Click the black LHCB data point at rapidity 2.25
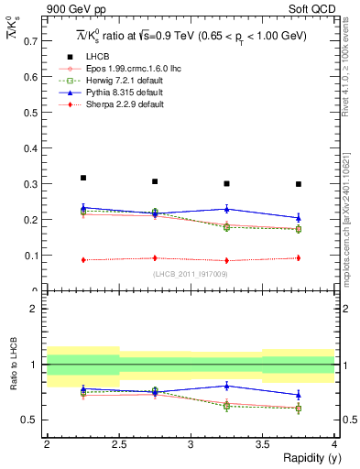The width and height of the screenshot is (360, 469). (x=83, y=178)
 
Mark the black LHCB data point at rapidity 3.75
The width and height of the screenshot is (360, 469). (x=299, y=184)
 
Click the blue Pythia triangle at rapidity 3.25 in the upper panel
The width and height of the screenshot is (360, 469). (x=227, y=209)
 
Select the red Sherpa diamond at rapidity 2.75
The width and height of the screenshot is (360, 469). (x=155, y=258)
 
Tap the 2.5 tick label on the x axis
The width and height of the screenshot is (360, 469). (x=118, y=444)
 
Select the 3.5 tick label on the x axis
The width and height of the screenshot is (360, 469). (x=262, y=444)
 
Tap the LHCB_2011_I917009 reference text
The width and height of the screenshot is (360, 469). (x=191, y=274)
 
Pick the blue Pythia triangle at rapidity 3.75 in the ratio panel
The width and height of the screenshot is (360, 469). (x=299, y=395)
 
